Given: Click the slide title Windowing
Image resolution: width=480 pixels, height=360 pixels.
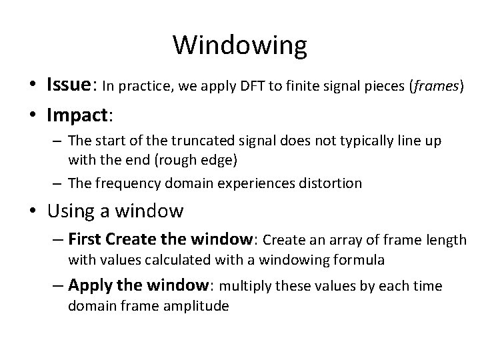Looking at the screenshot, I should pyautogui.click(x=240, y=46).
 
